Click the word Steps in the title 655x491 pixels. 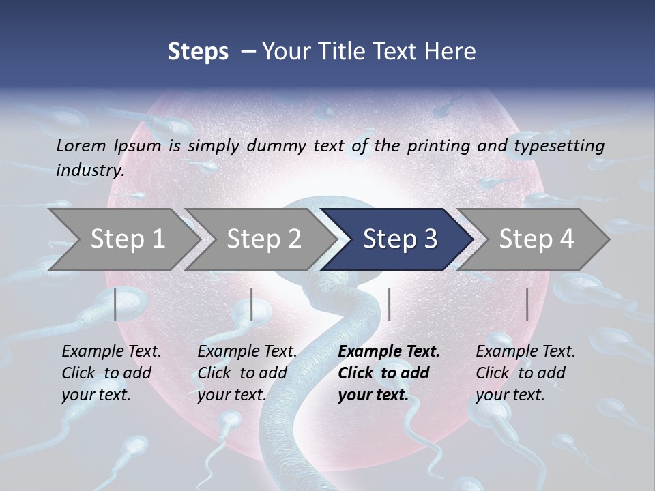tap(198, 52)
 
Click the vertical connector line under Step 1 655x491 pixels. tap(115, 304)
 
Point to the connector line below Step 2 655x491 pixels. tap(252, 304)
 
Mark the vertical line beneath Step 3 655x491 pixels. tap(389, 304)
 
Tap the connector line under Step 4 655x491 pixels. tap(527, 304)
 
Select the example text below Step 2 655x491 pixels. tap(246, 373)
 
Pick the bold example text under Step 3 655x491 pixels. tap(388, 373)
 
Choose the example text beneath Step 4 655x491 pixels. tap(525, 373)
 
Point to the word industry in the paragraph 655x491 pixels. tap(90, 170)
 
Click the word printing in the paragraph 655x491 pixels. tap(431, 146)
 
